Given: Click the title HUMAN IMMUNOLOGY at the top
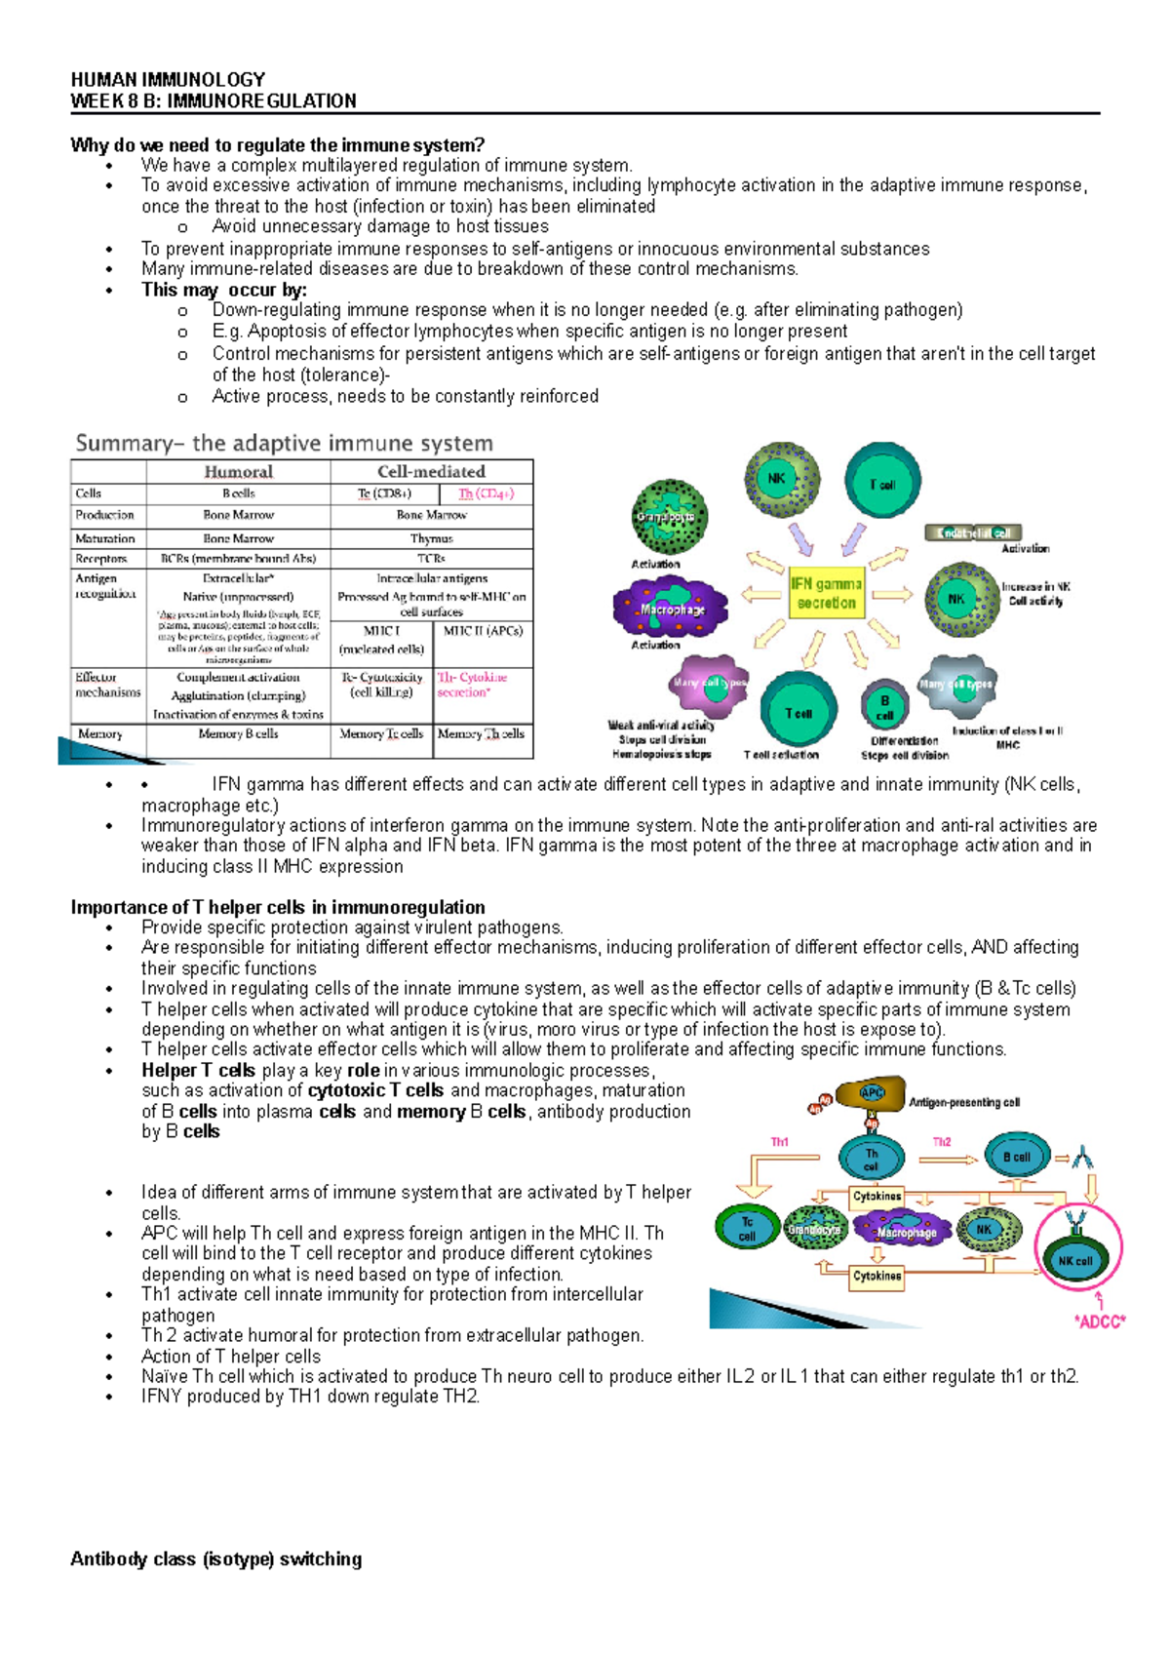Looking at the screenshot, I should [168, 79].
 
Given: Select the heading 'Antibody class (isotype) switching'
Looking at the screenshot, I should [215, 1558].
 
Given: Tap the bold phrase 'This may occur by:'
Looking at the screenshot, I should [224, 290].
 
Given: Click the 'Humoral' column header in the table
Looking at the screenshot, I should [238, 472].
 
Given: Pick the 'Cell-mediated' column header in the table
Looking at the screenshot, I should [431, 472].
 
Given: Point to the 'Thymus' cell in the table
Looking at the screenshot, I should [431, 538].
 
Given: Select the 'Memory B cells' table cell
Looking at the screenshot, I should [238, 734].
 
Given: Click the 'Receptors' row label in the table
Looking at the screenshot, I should [101, 559].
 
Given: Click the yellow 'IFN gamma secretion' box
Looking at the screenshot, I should [826, 593].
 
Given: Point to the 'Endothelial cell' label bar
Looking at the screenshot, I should [973, 532].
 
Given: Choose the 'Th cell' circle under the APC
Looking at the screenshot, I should [871, 1159].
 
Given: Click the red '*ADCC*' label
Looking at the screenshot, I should [1099, 1321].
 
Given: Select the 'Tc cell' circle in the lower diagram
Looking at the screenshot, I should [746, 1228].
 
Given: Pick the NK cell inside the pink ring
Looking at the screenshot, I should [1076, 1259].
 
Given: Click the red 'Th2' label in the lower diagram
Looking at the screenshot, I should [942, 1141].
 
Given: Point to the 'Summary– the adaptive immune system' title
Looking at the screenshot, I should [284, 444].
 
